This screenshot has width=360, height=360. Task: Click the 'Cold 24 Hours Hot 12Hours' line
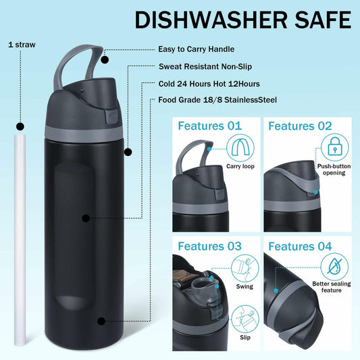210,83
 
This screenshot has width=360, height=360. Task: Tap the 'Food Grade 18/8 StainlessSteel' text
217,100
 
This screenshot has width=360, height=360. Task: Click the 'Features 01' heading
209,126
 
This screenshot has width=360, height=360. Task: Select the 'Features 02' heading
301,126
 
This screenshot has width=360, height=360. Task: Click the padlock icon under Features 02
334,148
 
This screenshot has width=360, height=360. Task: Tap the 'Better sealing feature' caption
332,288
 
